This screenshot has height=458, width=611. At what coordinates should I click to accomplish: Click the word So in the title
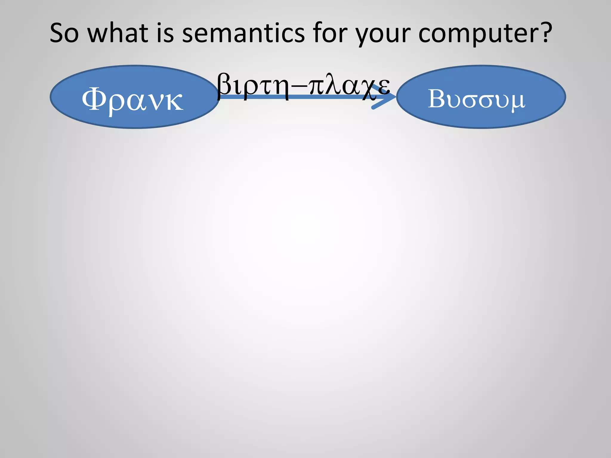coord(64,33)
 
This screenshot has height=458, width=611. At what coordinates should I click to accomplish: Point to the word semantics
coord(243,33)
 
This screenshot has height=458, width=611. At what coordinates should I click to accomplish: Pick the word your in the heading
coord(383,34)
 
